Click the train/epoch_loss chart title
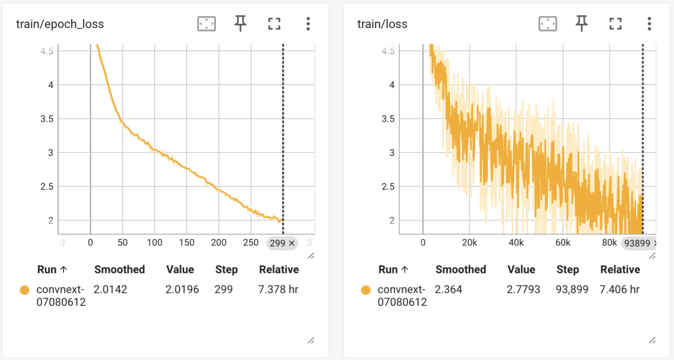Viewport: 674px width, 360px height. click(x=60, y=24)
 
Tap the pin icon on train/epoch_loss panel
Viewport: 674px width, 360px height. click(x=240, y=24)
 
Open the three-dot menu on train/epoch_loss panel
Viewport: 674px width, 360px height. click(x=308, y=24)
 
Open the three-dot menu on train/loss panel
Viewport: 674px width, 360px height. click(x=649, y=24)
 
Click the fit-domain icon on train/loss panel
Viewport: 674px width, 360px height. click(x=547, y=24)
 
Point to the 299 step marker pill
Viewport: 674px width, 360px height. click(x=283, y=243)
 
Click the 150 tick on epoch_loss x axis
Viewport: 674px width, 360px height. click(x=187, y=243)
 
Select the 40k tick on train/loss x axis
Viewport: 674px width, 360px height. click(x=516, y=243)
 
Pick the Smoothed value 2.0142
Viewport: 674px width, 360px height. click(x=110, y=289)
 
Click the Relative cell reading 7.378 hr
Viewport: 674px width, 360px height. click(x=279, y=289)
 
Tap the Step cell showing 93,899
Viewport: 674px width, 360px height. click(x=571, y=289)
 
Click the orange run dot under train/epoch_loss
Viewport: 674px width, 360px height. click(x=24, y=289)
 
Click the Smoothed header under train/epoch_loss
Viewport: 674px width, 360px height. click(x=119, y=270)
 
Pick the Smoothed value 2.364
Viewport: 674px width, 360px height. click(x=449, y=289)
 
